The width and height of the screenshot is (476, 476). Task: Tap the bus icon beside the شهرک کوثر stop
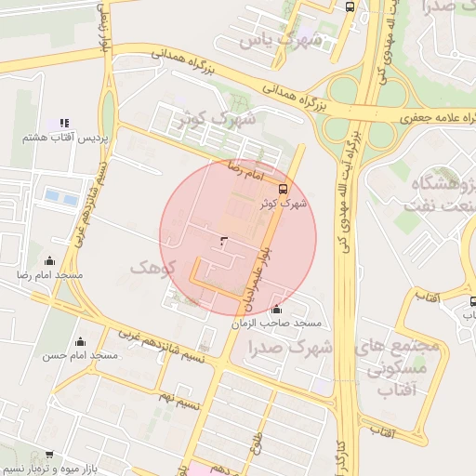[283, 186]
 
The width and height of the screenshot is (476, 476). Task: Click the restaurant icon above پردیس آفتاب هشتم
[64, 123]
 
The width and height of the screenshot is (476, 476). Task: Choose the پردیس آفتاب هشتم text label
[67, 138]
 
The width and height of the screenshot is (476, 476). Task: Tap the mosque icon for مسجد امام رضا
[49, 261]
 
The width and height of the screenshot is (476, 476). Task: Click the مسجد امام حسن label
[78, 355]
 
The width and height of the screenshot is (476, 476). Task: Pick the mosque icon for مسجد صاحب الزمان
[276, 310]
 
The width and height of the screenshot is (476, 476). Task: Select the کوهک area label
[152, 269]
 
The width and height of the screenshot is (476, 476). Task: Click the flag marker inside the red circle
[222, 241]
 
